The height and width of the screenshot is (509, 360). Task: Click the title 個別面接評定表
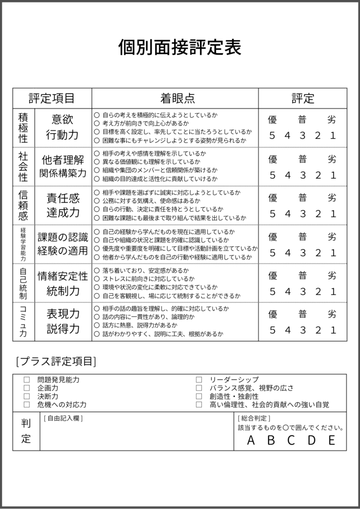180,48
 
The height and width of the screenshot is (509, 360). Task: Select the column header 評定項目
52,98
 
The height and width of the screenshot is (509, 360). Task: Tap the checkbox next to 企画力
27,388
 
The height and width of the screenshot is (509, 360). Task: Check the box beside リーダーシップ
199,380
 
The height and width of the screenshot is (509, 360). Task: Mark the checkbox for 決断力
27,397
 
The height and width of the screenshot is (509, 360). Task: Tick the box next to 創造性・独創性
199,397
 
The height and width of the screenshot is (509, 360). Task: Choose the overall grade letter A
251,440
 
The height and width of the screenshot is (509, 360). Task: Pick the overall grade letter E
332,440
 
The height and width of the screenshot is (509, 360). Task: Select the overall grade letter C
291,440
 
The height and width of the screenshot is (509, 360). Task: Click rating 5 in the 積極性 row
272,136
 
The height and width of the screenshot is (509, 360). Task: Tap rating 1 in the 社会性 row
333,175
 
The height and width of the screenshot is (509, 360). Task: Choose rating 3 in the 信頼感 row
302,214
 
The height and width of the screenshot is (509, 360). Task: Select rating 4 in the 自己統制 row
287,291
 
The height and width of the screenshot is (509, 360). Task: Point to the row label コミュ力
23,322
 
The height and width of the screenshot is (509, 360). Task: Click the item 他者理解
63,160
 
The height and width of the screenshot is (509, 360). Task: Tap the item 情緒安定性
63,276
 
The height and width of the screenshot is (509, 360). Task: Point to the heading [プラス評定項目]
56,361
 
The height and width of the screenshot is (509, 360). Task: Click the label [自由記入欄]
63,419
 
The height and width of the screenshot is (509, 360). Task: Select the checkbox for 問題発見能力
27,380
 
